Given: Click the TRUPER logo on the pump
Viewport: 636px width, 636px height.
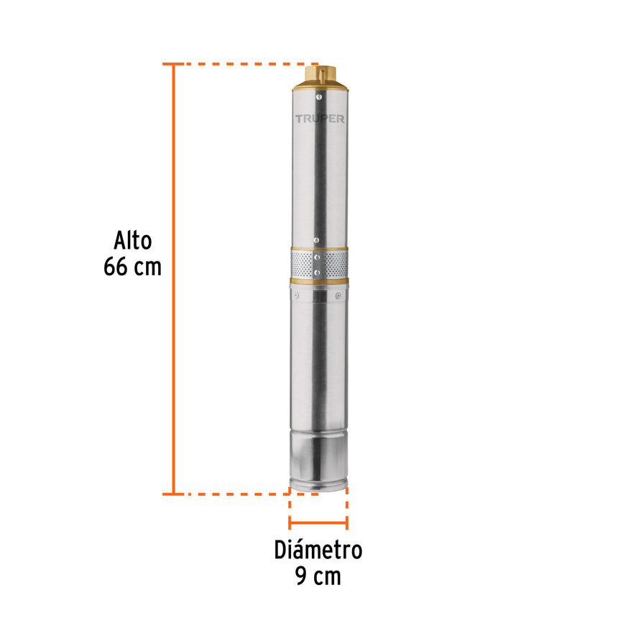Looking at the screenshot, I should point(320,119).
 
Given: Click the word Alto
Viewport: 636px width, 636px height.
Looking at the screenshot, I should point(133,240).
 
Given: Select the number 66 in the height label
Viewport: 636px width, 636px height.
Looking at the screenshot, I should point(117,267).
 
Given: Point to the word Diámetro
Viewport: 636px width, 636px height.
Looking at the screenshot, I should point(318,550).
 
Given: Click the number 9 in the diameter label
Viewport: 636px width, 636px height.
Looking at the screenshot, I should point(302,576).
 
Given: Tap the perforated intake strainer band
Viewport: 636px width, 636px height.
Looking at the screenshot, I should point(320,264).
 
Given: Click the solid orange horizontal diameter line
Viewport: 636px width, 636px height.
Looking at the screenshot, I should point(318,523).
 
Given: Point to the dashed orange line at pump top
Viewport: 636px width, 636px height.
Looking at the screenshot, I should point(237,64).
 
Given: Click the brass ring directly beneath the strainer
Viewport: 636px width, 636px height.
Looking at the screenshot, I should point(320,281).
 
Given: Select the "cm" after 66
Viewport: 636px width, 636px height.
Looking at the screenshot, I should point(147,267).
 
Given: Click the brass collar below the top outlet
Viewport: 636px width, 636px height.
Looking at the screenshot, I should point(320,86).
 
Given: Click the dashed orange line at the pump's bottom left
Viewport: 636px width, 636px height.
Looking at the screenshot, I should point(230,494).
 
